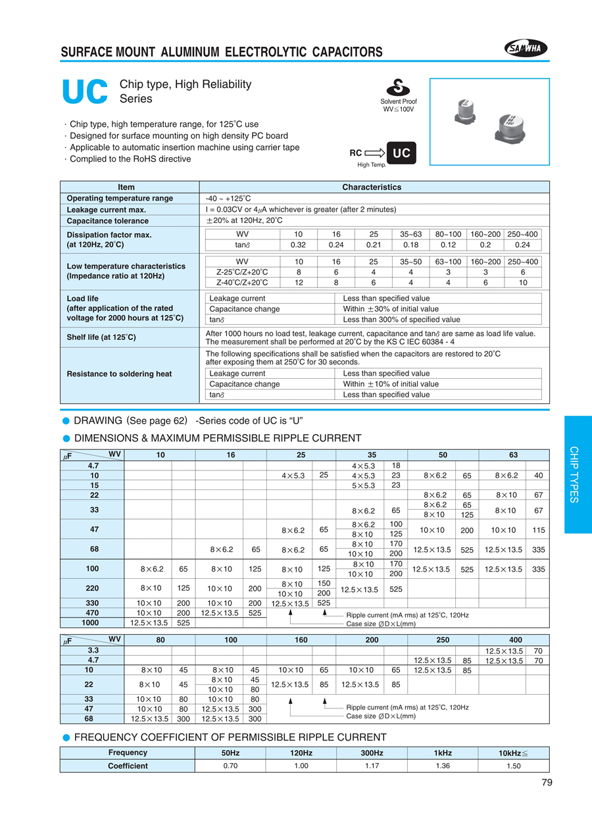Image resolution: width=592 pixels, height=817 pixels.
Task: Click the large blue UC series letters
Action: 84,93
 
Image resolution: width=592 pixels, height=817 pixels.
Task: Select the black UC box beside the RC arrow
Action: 401,154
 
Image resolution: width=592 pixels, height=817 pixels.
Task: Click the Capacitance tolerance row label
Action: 108,221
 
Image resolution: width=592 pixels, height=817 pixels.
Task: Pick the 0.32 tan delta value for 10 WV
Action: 299,245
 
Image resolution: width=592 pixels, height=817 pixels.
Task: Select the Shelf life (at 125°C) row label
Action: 101,337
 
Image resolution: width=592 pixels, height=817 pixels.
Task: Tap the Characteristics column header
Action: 372,187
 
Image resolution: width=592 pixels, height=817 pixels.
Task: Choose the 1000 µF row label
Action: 91,622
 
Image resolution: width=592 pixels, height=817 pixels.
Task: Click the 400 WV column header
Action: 516,639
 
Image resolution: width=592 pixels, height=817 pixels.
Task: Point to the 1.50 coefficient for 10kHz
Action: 514,766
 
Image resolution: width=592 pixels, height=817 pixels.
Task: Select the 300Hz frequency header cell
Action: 372,753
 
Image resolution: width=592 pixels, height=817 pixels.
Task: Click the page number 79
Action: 547,783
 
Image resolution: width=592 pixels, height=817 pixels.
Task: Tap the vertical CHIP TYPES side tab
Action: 574,474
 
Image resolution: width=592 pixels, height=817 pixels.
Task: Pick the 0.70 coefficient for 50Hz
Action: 232,766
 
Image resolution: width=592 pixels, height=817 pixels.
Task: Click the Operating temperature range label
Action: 120,199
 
